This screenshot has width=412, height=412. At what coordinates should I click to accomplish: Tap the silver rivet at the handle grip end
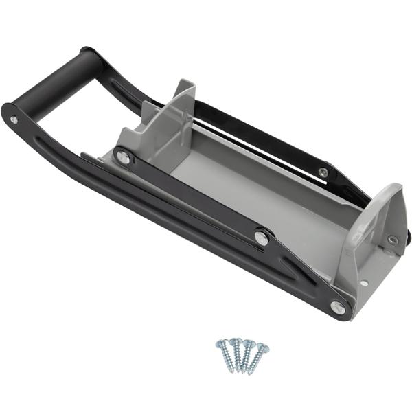tap(14, 119)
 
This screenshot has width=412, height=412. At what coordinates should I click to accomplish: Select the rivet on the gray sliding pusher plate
tap(124, 157)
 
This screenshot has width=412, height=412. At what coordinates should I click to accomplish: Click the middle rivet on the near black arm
tap(261, 237)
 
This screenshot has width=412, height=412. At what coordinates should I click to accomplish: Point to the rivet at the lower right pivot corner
tap(337, 307)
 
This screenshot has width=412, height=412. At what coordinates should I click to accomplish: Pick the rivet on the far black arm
tap(323, 172)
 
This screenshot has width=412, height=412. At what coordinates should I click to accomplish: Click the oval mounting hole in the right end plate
tap(393, 240)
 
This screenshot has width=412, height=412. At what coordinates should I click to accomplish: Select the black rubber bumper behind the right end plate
tap(409, 237)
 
